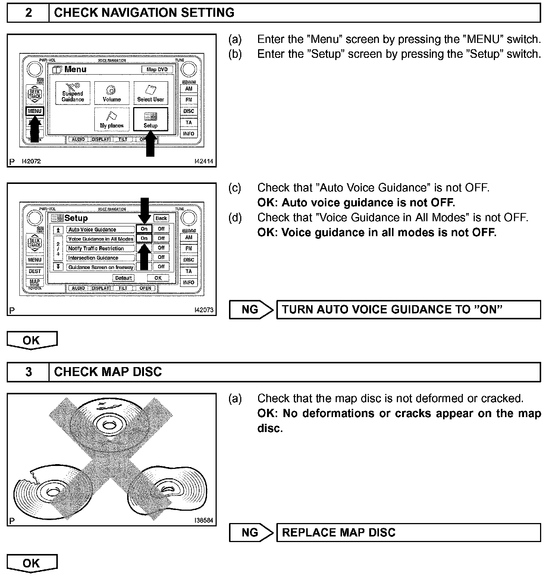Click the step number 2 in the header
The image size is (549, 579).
(28, 13)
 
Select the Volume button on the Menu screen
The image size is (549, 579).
(112, 93)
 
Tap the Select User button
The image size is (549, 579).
(150, 93)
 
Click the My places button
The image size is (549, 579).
(112, 119)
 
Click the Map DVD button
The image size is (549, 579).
(157, 69)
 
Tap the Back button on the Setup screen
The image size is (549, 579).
(161, 218)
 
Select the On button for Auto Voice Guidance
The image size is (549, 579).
(144, 229)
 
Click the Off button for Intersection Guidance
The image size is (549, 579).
(161, 257)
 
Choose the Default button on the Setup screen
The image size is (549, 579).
(123, 278)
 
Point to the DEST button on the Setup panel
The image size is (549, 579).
(35, 271)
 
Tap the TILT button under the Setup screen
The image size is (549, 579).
(123, 288)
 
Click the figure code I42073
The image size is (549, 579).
(204, 310)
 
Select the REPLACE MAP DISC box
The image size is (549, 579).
(408, 532)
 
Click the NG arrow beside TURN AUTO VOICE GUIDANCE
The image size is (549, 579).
(251, 310)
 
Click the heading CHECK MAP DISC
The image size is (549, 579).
(108, 372)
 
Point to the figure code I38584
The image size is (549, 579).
(204, 520)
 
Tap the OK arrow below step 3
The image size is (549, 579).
(32, 563)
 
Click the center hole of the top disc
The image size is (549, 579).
(109, 425)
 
